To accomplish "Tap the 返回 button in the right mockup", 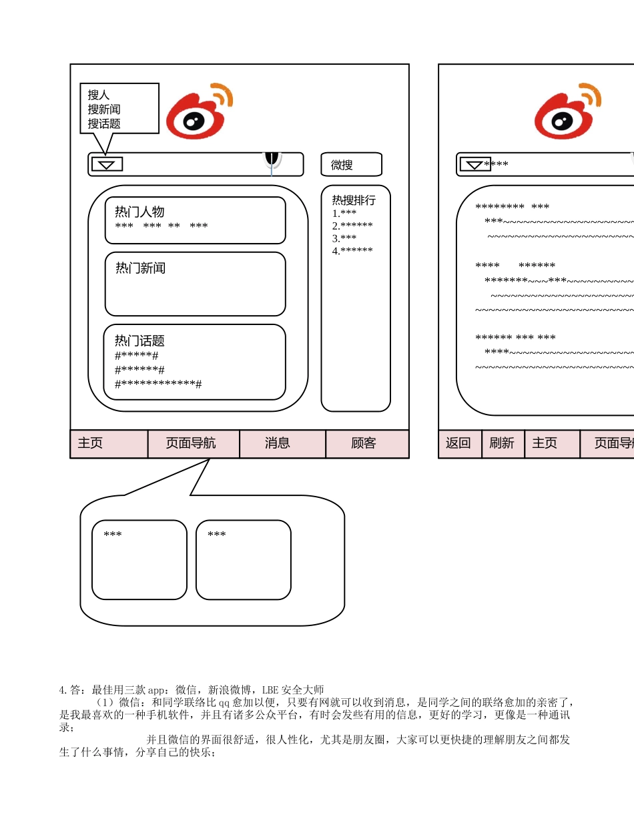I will tap(459, 443).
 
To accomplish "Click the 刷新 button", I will tap(502, 443).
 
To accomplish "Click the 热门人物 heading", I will tap(139, 212).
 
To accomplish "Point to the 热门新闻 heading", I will tap(140, 268).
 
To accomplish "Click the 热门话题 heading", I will tap(139, 340).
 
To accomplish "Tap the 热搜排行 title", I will tap(354, 200).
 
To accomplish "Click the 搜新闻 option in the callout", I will tap(104, 109).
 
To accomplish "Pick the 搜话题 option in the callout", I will tap(104, 123).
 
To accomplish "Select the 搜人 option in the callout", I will tap(99, 95).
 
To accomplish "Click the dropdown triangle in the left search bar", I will tap(107, 164).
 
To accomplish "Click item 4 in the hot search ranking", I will tap(352, 251).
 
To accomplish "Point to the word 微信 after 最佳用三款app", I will tap(186, 690).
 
